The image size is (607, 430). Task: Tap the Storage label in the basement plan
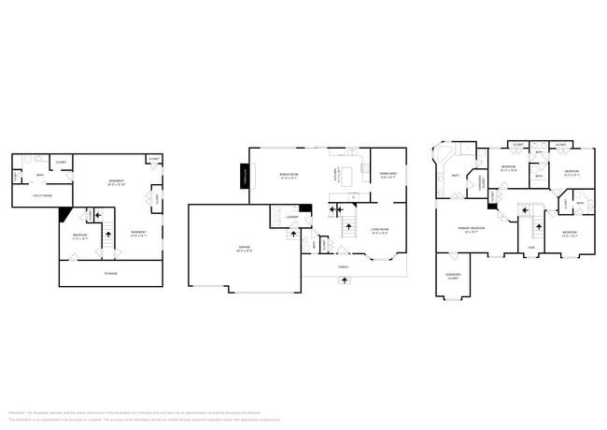click(110, 273)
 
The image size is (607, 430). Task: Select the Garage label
click(243, 249)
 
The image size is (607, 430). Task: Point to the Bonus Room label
click(289, 175)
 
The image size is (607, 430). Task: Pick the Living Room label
click(378, 229)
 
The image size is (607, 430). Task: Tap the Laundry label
click(290, 218)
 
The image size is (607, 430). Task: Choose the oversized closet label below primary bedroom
click(453, 277)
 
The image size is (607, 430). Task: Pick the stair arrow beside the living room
click(348, 225)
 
